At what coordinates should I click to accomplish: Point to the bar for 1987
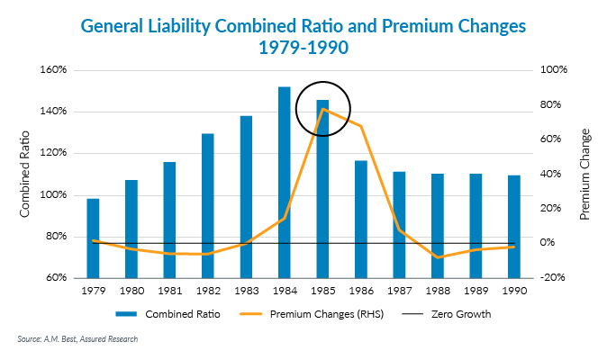coord(399,224)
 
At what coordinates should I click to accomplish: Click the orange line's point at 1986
coord(361,126)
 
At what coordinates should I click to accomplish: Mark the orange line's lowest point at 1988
coord(437,257)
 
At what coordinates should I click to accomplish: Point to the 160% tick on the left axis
coord(61,70)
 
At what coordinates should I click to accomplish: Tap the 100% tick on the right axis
coord(551,70)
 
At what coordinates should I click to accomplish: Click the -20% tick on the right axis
coord(551,278)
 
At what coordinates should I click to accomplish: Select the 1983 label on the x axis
coord(246,291)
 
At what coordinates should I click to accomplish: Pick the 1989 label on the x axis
coord(475,291)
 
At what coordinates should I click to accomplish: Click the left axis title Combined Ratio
coord(25,174)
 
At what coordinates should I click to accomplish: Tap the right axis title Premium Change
coord(584,174)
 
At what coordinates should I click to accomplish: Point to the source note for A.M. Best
coord(77,339)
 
